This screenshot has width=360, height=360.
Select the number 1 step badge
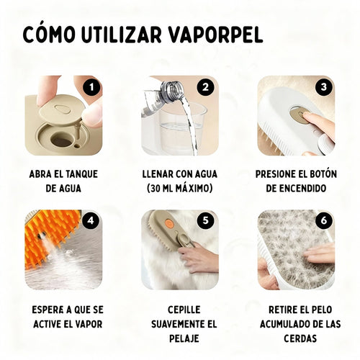(x=91, y=86)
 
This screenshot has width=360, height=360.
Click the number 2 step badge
(x=207, y=86)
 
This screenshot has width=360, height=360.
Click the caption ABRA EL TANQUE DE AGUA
(x=63, y=181)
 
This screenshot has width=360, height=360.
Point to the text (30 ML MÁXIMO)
(x=180, y=188)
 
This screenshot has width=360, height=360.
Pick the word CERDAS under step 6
(x=296, y=336)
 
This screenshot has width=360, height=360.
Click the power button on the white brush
(x=297, y=114)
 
